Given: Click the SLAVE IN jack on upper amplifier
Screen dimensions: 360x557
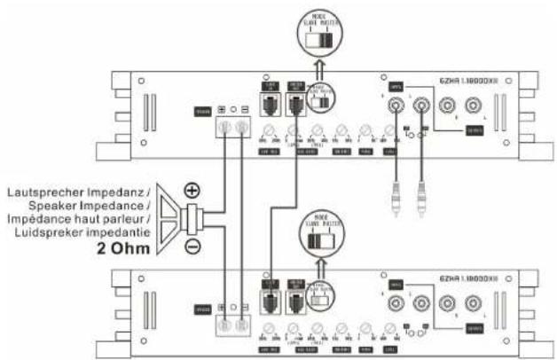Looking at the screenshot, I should pyautogui.click(x=270, y=105).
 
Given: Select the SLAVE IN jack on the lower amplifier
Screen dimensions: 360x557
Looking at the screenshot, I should pyautogui.click(x=270, y=300).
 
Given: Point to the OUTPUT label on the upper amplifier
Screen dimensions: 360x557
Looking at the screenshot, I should pyautogui.click(x=474, y=130).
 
